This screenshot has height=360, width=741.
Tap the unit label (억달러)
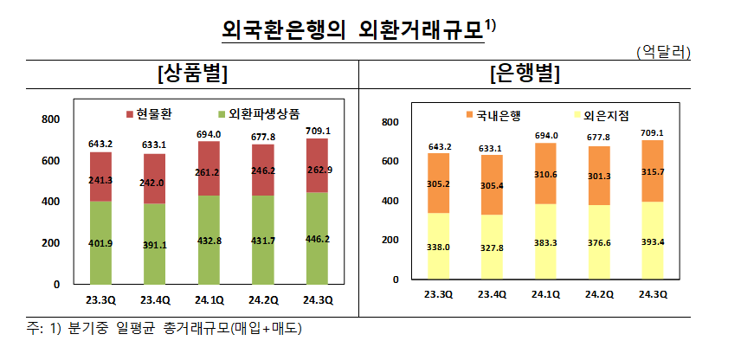click(662, 53)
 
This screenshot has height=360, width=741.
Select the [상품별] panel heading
click(192, 75)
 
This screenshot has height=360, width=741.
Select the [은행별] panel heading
click(525, 75)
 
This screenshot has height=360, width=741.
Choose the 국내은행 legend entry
click(496, 114)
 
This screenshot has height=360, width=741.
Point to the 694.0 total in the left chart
click(209, 134)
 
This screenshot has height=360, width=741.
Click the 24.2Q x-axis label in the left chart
click(263, 300)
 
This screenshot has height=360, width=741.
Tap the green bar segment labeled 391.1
click(155, 244)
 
